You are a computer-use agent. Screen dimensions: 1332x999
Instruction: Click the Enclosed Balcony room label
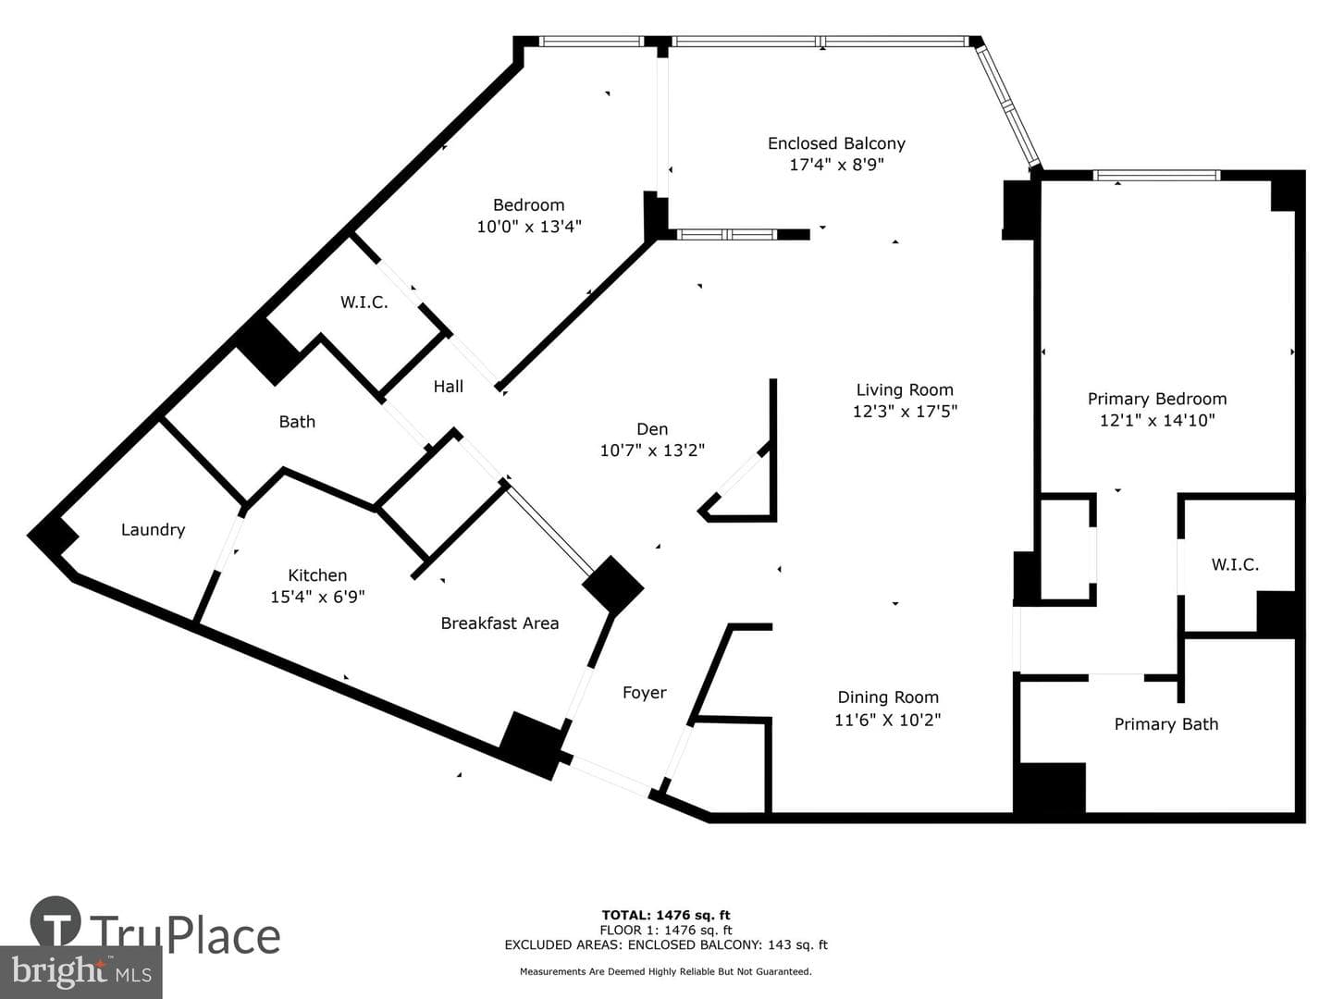click(836, 143)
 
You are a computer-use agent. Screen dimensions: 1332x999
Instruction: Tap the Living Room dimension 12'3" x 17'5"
click(905, 412)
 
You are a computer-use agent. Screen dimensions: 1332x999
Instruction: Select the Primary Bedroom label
click(1156, 399)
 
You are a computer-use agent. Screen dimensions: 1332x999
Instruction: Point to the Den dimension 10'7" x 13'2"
click(652, 450)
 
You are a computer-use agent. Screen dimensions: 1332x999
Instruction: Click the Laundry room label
click(153, 530)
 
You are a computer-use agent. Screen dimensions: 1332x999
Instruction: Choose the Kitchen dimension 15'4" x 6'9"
click(317, 597)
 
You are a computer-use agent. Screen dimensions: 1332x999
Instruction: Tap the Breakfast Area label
click(499, 623)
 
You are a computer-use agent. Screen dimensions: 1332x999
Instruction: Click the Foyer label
click(645, 693)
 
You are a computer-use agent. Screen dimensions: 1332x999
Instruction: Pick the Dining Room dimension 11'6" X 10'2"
click(888, 720)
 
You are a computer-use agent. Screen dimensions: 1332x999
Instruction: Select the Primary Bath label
click(1166, 724)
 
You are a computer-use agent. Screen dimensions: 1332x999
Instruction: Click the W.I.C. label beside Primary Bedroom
click(1235, 564)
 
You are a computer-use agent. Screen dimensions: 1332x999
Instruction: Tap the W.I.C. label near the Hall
click(364, 302)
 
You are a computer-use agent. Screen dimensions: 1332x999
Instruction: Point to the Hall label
click(449, 387)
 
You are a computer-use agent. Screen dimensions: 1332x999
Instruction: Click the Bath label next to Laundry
click(297, 422)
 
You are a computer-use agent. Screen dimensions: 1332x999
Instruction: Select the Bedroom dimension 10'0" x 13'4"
click(529, 227)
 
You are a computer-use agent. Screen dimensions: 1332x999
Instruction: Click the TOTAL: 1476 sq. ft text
click(666, 916)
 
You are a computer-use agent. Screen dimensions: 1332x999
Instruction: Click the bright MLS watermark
click(80, 971)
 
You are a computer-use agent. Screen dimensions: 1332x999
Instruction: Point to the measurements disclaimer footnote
click(666, 971)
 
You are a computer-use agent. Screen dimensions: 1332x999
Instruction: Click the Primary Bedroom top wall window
click(1156, 176)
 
